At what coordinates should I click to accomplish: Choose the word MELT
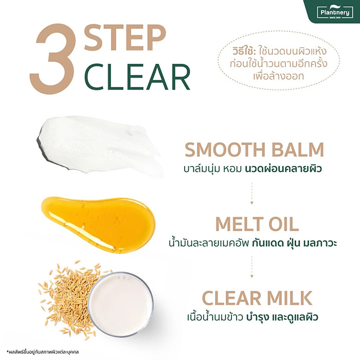[x=237, y=224]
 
